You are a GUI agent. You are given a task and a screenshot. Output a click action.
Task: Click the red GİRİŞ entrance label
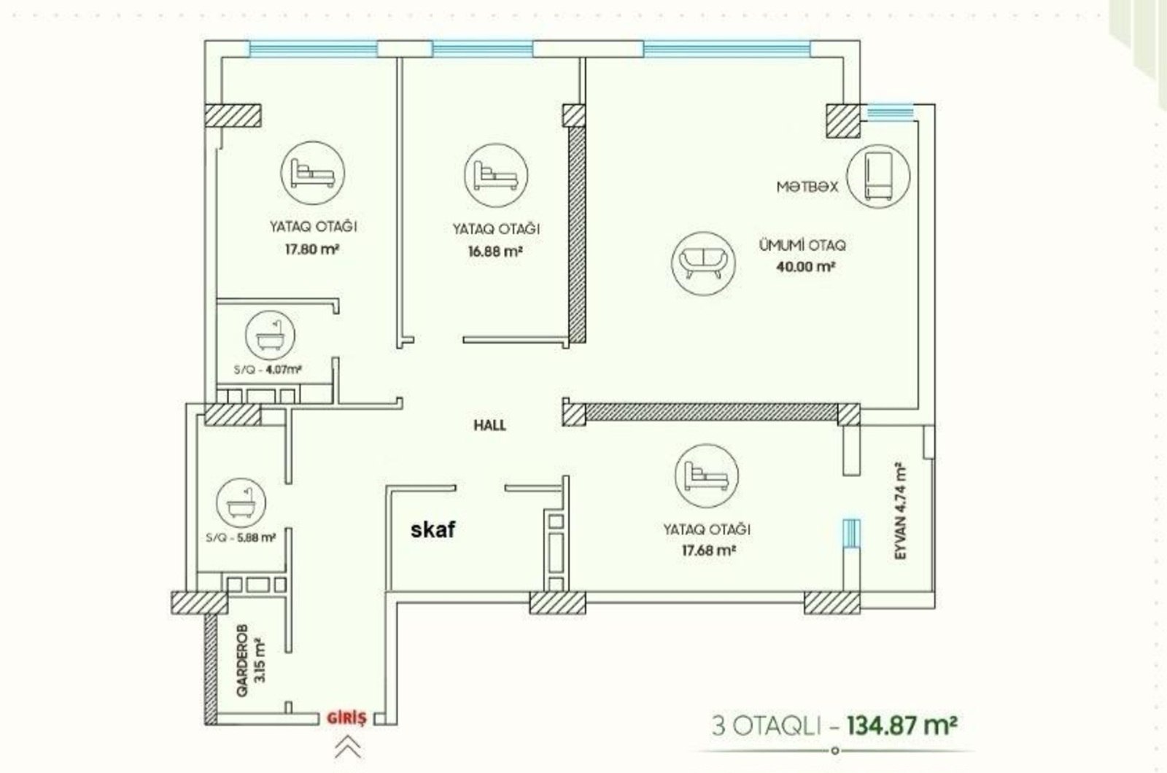pos(346,718)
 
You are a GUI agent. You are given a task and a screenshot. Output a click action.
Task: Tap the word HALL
pos(489,425)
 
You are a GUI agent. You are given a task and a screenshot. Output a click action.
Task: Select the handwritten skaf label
pos(433,529)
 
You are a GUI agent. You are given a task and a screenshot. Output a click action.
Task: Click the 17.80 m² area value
pos(312,249)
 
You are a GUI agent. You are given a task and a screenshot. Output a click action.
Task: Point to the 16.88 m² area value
pos(495,252)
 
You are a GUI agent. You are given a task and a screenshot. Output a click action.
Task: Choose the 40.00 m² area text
pos(806,267)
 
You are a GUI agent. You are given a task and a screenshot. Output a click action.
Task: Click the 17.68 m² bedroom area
pos(708,551)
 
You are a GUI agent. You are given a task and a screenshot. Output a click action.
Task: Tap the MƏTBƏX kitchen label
pos(807,187)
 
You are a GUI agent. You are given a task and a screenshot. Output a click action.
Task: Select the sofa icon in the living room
pos(703,264)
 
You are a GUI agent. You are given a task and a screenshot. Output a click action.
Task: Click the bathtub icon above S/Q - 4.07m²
pos(269,336)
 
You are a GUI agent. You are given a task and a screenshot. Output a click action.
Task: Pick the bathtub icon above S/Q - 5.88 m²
pos(241,504)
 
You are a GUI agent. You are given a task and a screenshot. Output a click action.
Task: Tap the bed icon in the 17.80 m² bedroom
pos(313,173)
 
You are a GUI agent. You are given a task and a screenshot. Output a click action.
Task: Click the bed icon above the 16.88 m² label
pos(496,176)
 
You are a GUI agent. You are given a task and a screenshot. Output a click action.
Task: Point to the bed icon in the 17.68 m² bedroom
pos(707,476)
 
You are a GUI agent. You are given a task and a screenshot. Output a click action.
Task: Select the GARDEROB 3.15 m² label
pos(251,660)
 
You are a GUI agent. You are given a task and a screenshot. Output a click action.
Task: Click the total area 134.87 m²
pos(903,725)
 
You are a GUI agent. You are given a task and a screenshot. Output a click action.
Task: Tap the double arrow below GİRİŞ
pos(347,748)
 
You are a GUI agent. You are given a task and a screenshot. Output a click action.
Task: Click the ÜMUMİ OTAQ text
pos(802,245)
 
